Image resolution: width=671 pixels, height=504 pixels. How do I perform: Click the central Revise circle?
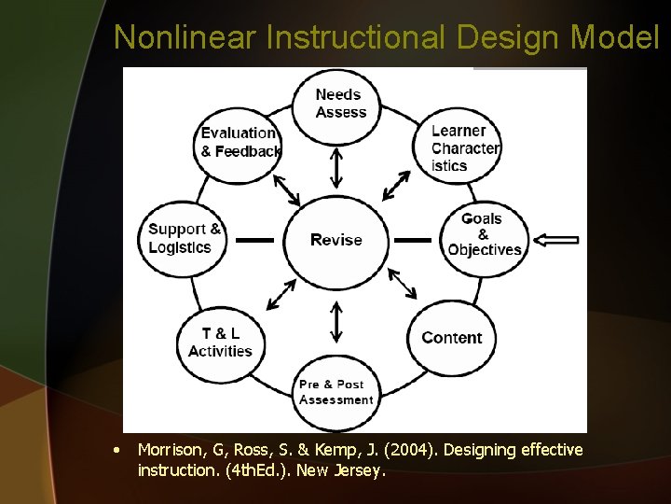point(335,240)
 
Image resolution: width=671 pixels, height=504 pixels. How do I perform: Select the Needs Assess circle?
point(337,104)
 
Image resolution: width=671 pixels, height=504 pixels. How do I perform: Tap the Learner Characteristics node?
point(460,147)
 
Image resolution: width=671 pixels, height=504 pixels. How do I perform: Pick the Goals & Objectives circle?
point(484,234)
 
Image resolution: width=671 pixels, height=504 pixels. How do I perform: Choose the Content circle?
point(451,338)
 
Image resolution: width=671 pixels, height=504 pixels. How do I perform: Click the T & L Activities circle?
point(220,342)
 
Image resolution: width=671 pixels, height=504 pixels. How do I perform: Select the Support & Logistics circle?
point(185,238)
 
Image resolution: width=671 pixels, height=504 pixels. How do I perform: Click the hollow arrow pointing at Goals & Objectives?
point(560,240)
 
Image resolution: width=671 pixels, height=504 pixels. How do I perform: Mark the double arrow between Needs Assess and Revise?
point(336,168)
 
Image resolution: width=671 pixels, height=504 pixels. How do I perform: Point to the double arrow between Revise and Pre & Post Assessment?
point(336,321)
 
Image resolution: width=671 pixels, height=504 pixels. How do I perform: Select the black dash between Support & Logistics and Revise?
point(253,240)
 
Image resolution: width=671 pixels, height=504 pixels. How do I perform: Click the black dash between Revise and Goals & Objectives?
point(413,240)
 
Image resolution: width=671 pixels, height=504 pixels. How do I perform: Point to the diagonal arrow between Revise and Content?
point(403,284)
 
